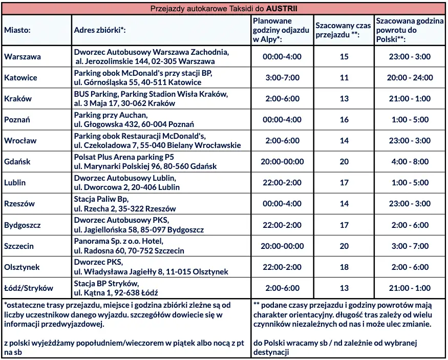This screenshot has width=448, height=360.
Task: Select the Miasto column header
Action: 17,30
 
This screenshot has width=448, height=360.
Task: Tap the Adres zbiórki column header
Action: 100,30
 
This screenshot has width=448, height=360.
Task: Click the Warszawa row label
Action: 23,57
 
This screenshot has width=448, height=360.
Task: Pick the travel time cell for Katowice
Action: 344,78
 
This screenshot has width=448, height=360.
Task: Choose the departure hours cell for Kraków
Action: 282,99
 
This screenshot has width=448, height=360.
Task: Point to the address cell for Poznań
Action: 134,120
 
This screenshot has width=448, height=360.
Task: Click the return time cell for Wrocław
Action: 410,141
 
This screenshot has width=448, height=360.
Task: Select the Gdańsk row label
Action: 17,162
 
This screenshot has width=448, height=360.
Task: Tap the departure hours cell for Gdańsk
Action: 282,162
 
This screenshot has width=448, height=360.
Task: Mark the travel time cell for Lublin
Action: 344,183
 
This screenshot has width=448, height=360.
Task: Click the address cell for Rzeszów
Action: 125,204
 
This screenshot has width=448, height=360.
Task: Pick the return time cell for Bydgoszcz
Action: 410,225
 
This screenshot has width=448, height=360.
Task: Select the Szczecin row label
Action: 19,246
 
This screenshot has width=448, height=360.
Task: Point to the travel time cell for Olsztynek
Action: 344,267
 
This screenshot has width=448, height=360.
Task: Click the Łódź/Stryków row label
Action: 29,288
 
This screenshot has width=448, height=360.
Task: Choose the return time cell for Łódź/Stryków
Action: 410,288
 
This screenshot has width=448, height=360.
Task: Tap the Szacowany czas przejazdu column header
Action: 344,30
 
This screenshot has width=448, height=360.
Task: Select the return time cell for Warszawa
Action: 410,57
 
